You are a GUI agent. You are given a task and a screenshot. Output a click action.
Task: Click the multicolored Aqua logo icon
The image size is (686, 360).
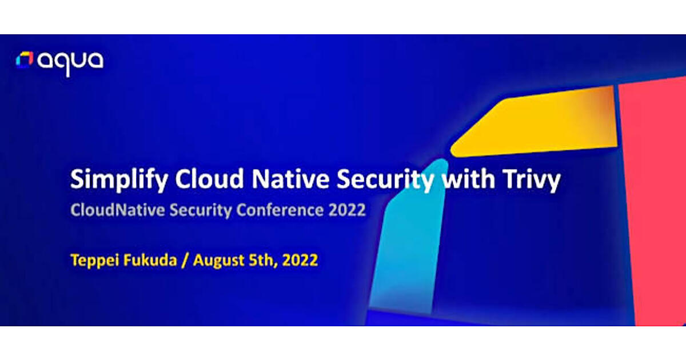tap(25, 59)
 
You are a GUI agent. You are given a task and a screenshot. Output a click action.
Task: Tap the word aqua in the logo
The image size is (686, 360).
tap(70, 63)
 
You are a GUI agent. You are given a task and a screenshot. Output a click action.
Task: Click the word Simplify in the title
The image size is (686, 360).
tap(119, 179)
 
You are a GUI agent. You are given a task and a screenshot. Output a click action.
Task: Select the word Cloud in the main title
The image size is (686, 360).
tap(209, 179)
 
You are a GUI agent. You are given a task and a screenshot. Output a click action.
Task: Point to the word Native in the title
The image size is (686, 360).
tap(290, 179)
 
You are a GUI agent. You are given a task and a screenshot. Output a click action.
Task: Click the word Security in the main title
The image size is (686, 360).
tap(385, 179)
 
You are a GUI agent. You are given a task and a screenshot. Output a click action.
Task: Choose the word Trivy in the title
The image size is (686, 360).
tap(531, 179)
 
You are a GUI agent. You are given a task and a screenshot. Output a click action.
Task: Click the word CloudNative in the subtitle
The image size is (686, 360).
tap(118, 210)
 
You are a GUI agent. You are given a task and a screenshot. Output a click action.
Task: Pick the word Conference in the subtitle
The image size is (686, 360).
tap(280, 210)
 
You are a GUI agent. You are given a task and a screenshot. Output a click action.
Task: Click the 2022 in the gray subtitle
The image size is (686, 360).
tap(347, 210)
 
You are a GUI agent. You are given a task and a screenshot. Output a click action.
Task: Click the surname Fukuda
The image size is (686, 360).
tap(150, 260)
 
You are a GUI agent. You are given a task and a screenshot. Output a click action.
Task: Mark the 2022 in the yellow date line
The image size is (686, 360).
tap(300, 260)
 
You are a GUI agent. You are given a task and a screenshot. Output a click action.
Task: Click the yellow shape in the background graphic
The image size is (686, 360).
tap(539, 122)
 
